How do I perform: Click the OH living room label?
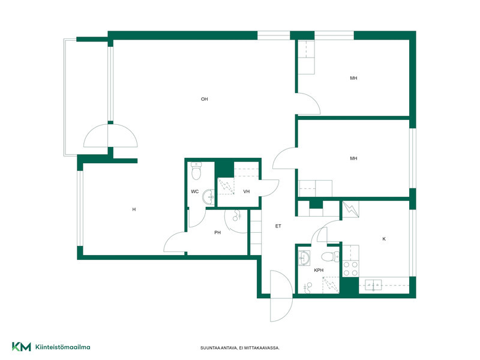coord(204,99)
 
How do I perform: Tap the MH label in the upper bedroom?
coord(353,78)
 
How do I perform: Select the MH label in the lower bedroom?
coord(353,158)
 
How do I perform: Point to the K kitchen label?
coord(384,239)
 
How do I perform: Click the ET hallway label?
coord(278,226)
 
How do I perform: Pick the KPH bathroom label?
coord(319,271)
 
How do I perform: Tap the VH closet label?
coord(247,191)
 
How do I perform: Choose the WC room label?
coord(194,191)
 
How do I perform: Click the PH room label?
coord(217,233)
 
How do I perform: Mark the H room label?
coord(134,209)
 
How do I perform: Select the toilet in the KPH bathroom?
coord(330,257)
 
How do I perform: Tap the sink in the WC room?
coord(208,197)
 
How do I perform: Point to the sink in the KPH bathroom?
coord(304,258)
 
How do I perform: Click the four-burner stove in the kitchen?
coord(350,268)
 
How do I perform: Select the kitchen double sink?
coord(373,285)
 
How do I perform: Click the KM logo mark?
coord(22,347)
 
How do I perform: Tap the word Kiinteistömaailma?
coord(63,347)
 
